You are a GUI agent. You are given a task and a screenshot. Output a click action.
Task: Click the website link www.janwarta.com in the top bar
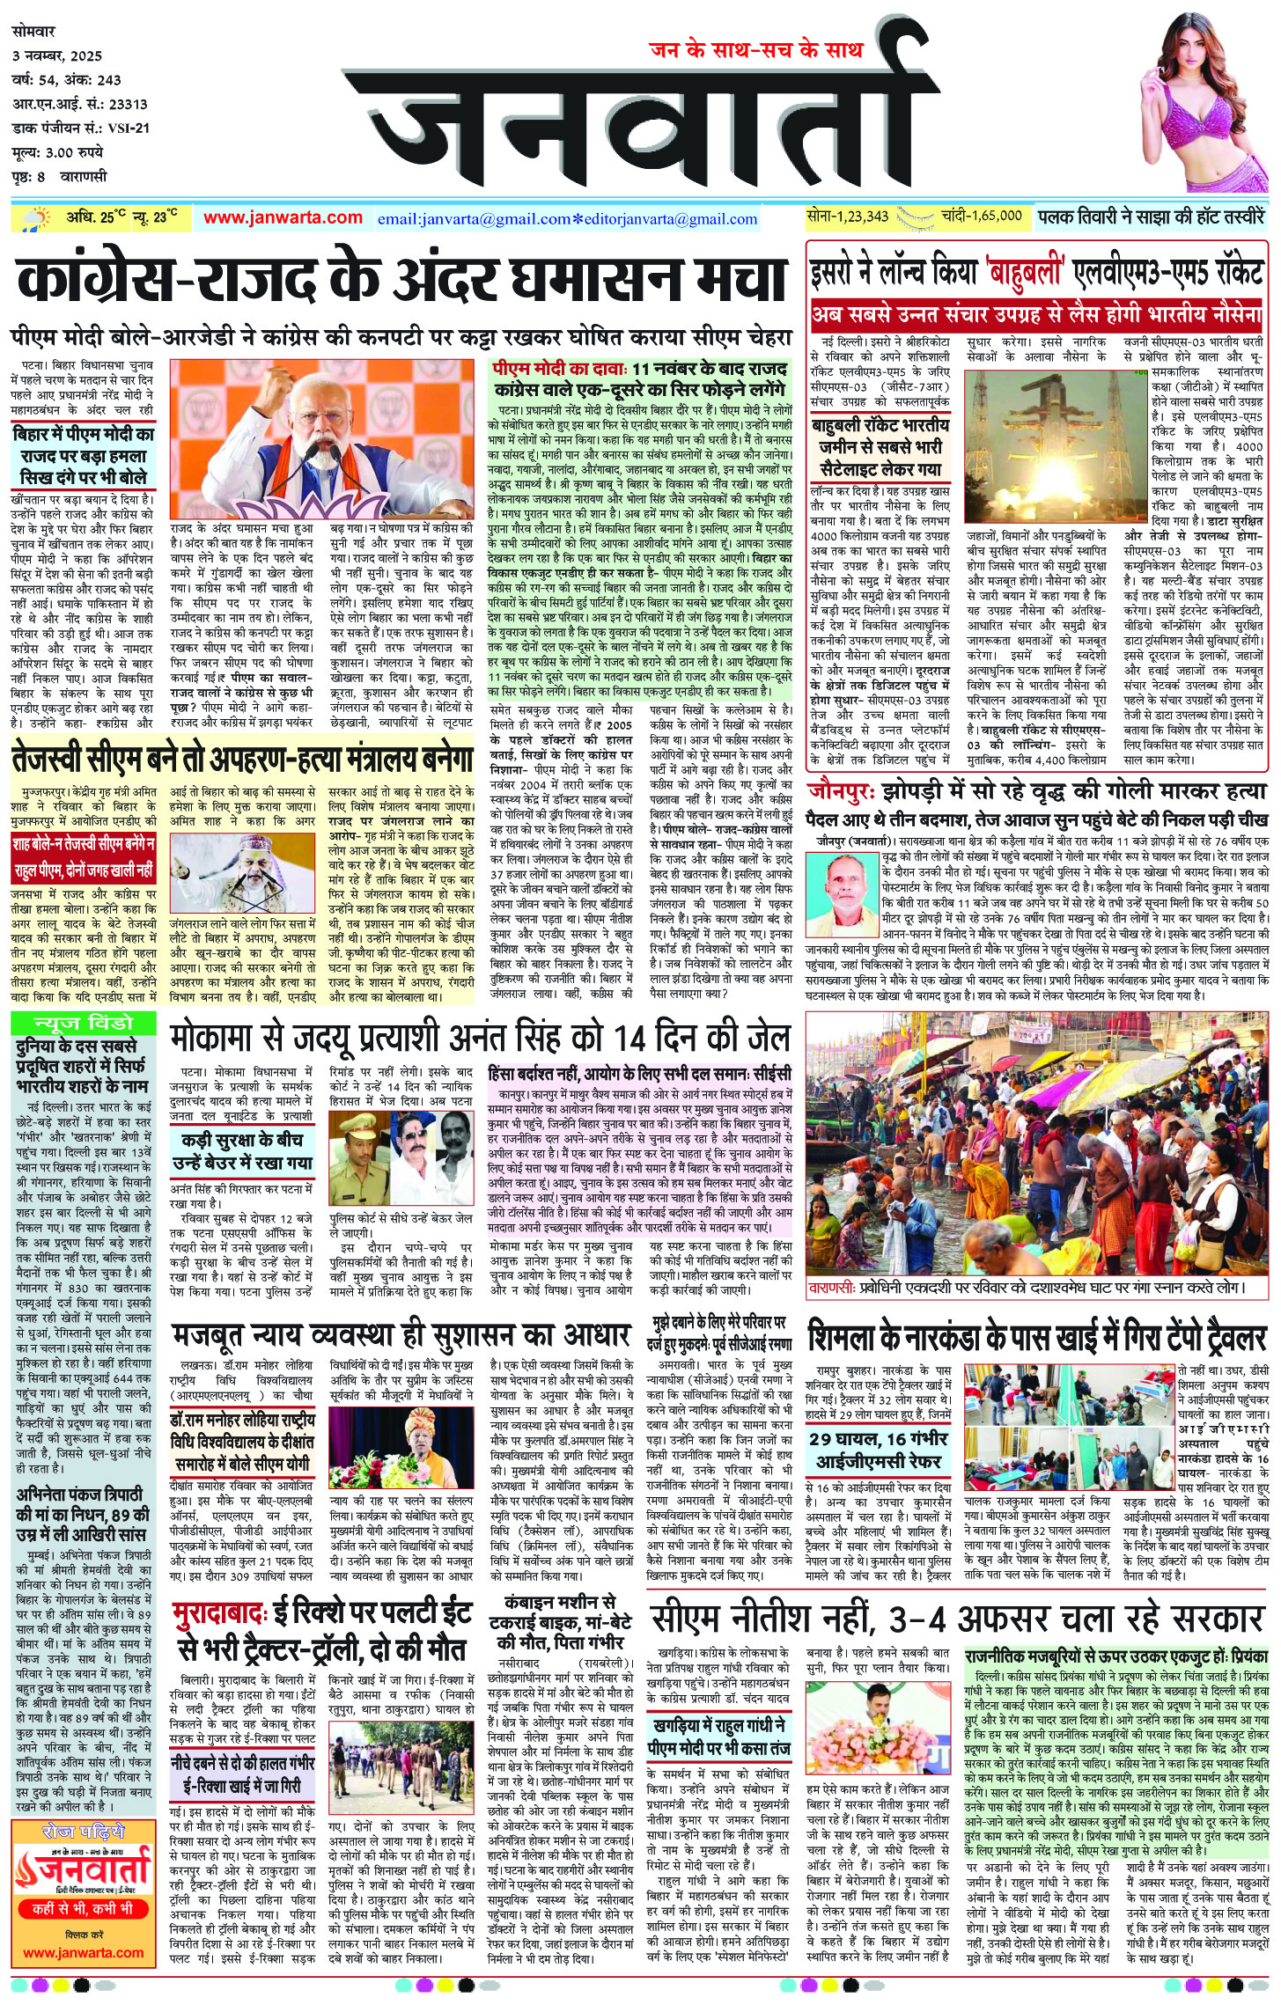point(283,217)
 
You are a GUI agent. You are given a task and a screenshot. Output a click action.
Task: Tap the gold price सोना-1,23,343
point(847,216)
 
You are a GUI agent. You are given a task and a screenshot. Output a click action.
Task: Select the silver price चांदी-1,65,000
point(981,216)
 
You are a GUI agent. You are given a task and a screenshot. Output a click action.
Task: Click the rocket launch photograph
point(1042,445)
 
